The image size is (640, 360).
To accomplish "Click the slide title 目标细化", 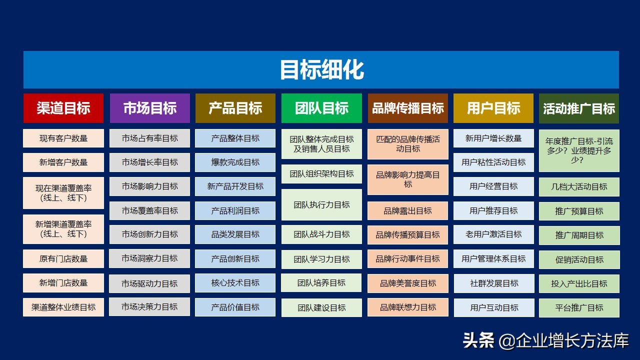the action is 321,69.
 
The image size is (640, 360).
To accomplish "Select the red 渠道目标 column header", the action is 63,108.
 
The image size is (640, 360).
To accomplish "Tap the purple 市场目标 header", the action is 149,108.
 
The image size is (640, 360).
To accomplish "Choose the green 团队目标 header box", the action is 321,108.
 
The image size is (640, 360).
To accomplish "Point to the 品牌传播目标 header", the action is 407,108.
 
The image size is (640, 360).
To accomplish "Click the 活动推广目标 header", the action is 579,108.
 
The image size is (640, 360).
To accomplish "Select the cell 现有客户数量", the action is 63,138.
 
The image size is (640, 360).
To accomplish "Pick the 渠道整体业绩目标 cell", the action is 63,307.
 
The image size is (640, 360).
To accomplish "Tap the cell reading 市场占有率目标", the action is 149,138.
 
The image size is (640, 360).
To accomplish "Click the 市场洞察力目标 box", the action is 149,258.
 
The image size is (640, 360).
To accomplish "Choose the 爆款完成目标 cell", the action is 235,162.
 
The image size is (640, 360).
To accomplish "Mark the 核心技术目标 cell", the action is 235,283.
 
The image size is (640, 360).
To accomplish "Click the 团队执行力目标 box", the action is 321,204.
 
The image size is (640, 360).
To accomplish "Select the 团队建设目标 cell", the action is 321,307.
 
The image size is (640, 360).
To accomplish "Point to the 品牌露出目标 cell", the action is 407,211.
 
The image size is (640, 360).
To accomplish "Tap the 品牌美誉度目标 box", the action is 408,283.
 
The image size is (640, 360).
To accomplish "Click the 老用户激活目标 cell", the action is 493,234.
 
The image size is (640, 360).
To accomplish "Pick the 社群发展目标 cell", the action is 494,283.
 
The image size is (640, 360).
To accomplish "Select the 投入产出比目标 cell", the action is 579,283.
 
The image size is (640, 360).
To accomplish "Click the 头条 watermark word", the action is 478,340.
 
